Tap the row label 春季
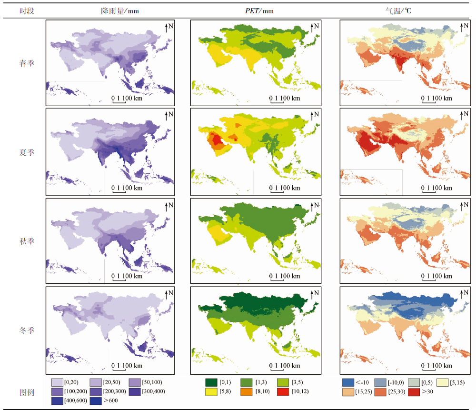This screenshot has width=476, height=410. [27, 63]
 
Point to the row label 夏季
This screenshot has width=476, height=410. [27, 152]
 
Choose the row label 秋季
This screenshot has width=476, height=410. [27, 241]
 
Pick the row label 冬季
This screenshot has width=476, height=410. [27, 330]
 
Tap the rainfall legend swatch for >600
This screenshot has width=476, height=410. [94, 401]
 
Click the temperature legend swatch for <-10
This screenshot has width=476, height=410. [348, 382]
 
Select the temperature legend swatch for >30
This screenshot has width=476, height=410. [414, 392]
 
